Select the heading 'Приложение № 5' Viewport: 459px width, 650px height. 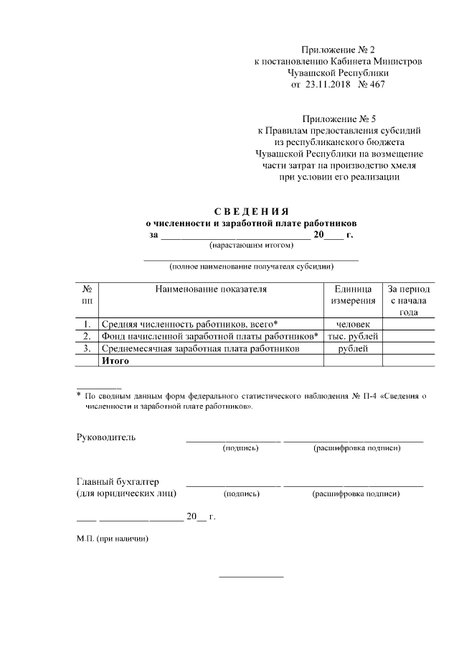(x=339, y=119)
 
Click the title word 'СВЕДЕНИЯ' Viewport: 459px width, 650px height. (x=251, y=211)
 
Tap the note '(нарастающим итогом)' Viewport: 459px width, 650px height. (x=251, y=246)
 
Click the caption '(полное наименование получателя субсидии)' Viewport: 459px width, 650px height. (x=251, y=267)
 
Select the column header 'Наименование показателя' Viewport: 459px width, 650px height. (x=211, y=289)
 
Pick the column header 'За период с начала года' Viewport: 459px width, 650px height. (x=408, y=301)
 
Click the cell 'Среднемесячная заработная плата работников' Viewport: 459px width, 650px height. (x=200, y=348)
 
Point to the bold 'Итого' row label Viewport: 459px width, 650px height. (x=115, y=360)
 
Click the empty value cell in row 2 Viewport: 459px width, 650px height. (x=408, y=336)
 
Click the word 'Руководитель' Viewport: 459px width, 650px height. (x=105, y=437)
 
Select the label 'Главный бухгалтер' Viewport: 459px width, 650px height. (x=118, y=481)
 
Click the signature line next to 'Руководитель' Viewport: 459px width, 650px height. (x=233, y=440)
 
